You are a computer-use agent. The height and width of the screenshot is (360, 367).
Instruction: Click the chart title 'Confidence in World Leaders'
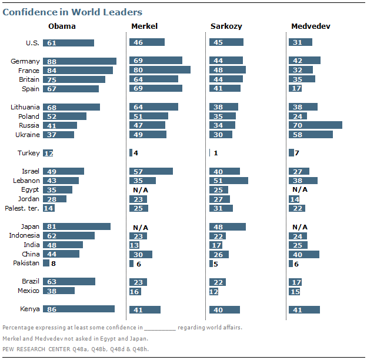pyautogui.click(x=73, y=12)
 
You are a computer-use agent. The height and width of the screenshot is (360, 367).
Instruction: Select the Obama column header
pyautogui.click(x=61, y=26)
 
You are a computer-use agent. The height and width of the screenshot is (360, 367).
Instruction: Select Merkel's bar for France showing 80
pyautogui.click(x=159, y=70)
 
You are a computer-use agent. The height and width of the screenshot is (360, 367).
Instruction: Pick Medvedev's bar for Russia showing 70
pyautogui.click(x=315, y=125)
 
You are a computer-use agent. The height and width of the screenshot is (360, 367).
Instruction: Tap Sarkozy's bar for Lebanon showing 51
pyautogui.click(x=228, y=181)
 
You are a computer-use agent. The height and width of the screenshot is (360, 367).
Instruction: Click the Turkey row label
pyautogui.click(x=29, y=153)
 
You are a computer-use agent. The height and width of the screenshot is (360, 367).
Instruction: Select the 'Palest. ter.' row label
pyautogui.click(x=22, y=208)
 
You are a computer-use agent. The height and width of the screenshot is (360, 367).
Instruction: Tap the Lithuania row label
pyautogui.click(x=25, y=107)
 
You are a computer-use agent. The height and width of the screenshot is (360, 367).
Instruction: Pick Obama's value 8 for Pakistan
pyautogui.click(x=54, y=264)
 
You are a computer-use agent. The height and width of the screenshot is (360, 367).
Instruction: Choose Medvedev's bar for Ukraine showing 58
pyautogui.click(x=311, y=135)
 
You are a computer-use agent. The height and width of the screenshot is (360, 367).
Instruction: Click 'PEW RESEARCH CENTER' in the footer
pyautogui.click(x=36, y=349)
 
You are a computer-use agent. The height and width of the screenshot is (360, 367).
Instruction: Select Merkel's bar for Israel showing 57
pyautogui.click(x=151, y=171)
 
